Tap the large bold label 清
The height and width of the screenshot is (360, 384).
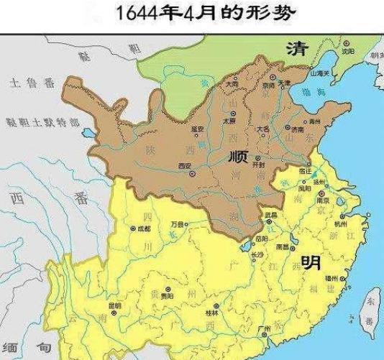[x=296, y=50]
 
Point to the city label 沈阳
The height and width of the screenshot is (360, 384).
[x=349, y=52]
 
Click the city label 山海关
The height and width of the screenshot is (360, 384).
[x=319, y=73]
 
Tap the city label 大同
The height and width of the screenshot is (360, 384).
[x=232, y=84]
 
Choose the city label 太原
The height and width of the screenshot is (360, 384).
[x=229, y=121]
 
